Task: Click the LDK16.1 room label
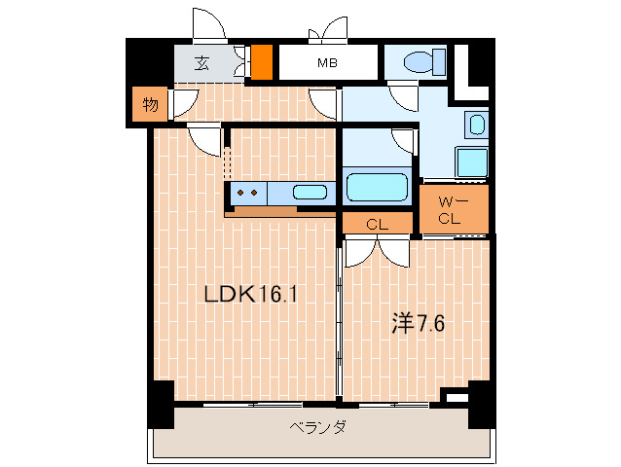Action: (x=249, y=294)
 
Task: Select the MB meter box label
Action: (x=327, y=64)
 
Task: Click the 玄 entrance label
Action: (x=201, y=64)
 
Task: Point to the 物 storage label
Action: (x=149, y=106)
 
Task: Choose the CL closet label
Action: (x=378, y=225)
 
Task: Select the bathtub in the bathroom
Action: (x=378, y=186)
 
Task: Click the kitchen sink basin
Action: (x=310, y=192)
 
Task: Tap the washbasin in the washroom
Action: (x=476, y=126)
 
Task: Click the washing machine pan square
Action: (x=470, y=163)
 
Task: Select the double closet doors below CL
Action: (x=378, y=249)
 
